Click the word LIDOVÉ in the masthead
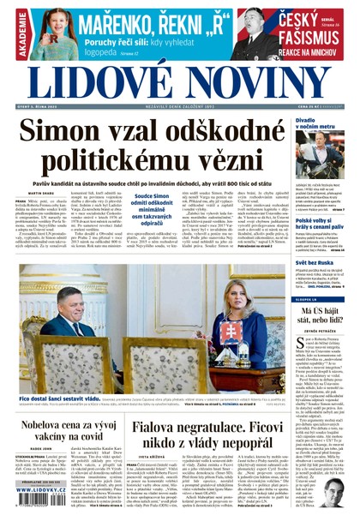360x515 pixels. (89, 84)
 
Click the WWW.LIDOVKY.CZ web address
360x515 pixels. (48, 494)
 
